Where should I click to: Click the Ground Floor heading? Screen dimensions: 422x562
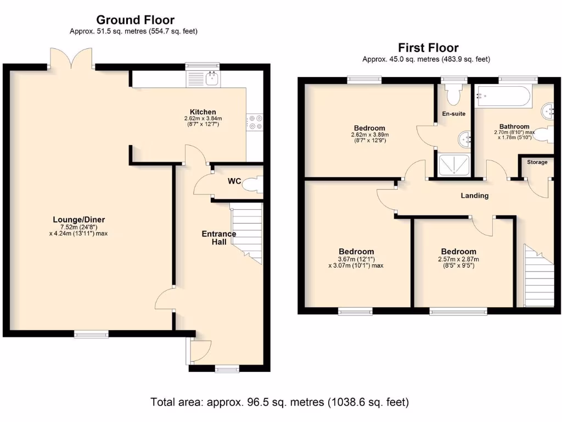(136, 20)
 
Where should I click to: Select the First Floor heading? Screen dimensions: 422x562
(428, 48)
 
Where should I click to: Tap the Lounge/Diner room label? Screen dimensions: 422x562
(82, 220)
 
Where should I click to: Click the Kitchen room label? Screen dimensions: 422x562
(203, 112)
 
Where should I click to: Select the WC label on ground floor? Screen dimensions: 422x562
(234, 181)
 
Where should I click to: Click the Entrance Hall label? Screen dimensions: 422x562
(218, 238)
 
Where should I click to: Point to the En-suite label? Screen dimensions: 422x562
(454, 114)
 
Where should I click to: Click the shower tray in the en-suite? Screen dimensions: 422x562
(454, 165)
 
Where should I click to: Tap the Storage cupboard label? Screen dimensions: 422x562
(537, 162)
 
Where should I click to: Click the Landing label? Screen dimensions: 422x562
(474, 196)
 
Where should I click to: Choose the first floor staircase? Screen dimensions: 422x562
(538, 277)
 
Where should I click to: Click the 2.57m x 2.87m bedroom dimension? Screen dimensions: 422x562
(458, 259)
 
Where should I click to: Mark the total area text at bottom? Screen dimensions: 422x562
(280, 402)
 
